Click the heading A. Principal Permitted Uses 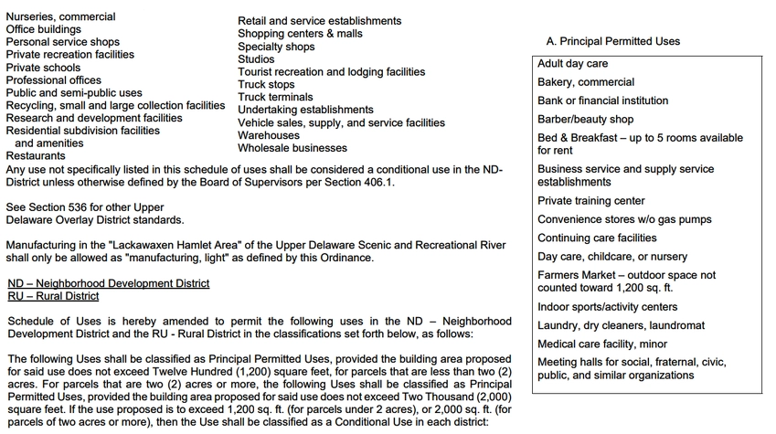[x=612, y=41]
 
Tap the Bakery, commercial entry [x=585, y=82]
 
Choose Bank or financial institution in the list [x=602, y=101]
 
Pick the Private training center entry [x=590, y=201]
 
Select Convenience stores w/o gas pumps [x=624, y=220]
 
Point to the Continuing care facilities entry [x=597, y=238]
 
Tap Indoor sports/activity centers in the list [x=608, y=307]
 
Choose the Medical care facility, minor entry [x=602, y=344]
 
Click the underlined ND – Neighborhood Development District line [x=108, y=283]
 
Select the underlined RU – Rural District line [x=52, y=296]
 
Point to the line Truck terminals [x=275, y=97]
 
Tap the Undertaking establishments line [x=292, y=110]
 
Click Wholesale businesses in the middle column [x=280, y=148]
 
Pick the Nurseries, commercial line [x=60, y=16]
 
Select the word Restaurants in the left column [x=36, y=156]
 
